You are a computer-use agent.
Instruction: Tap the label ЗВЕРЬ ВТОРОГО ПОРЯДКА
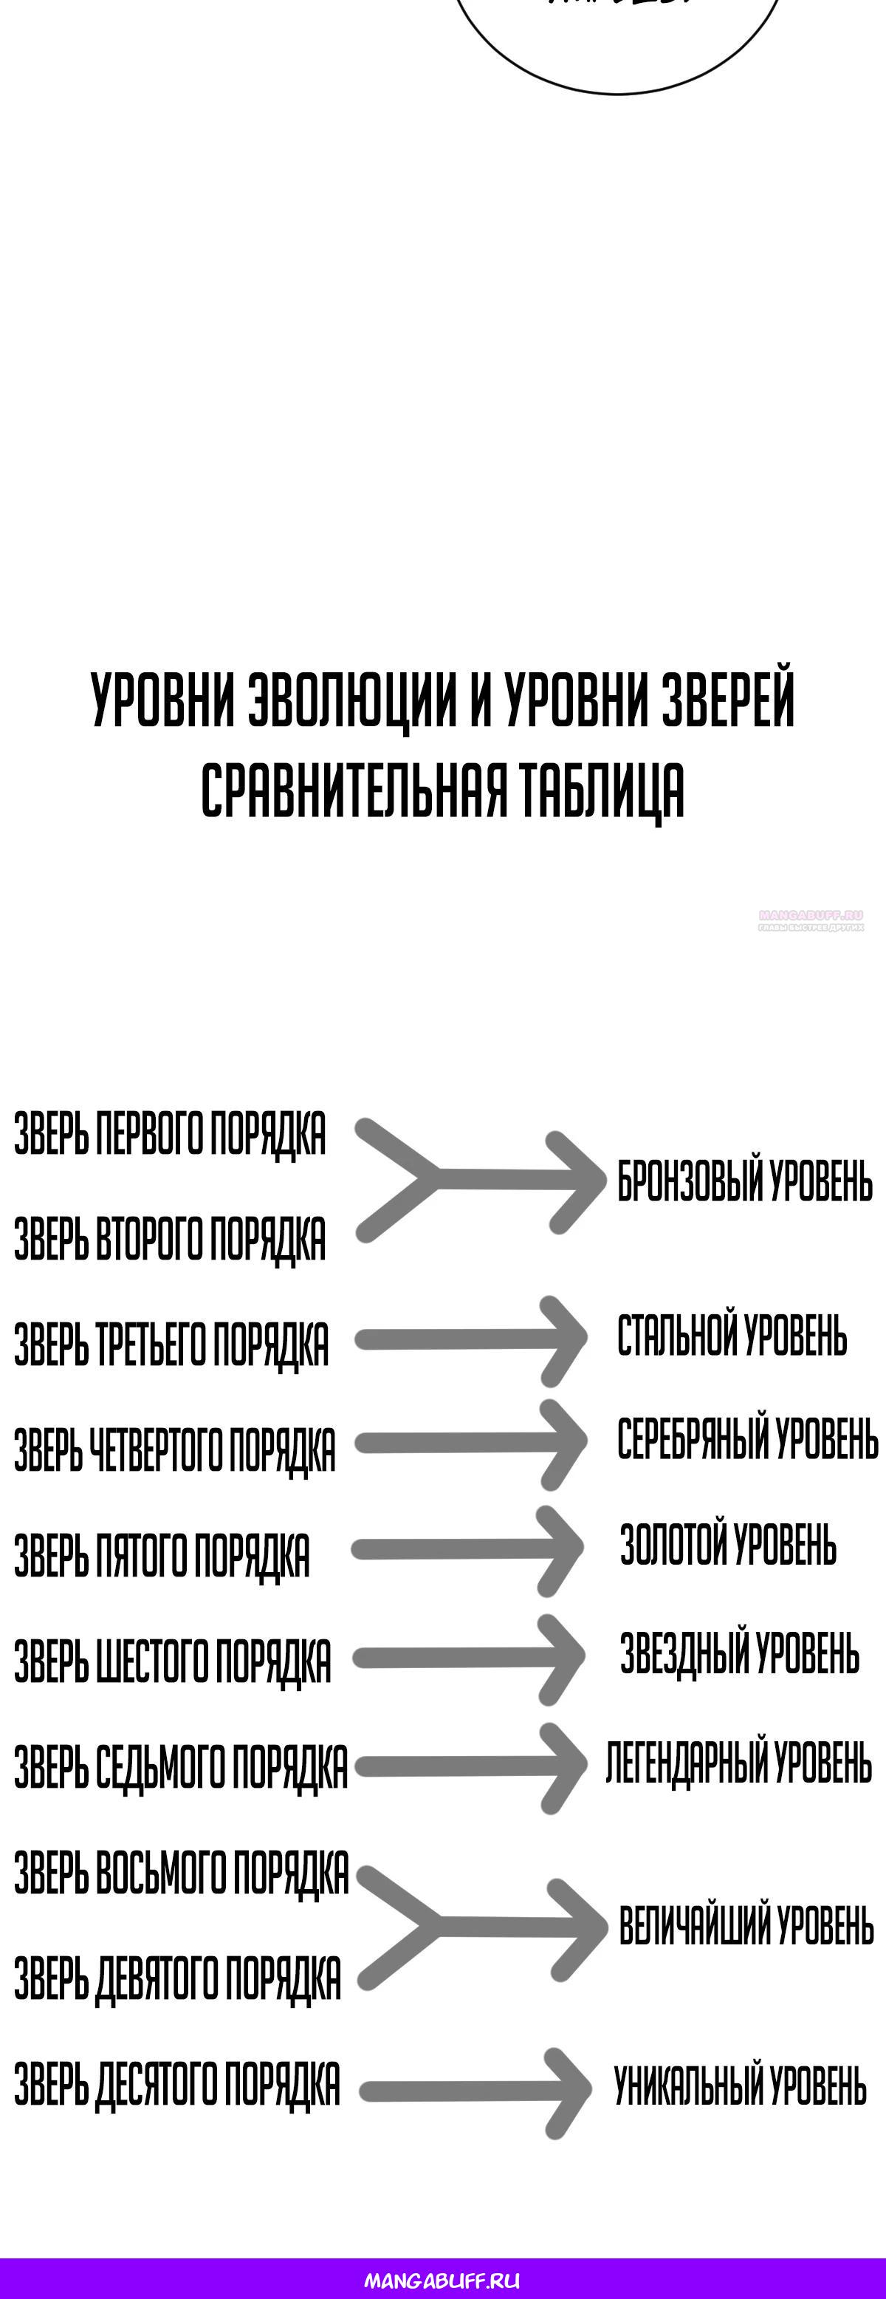coord(170,1240)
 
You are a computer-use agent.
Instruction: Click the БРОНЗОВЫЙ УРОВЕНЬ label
coord(744,1181)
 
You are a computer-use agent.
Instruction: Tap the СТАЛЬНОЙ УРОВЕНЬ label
coord(732,1336)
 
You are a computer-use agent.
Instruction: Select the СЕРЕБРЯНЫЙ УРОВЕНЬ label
coord(746,1440)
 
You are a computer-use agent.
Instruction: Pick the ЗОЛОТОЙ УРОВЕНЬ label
coord(728,1545)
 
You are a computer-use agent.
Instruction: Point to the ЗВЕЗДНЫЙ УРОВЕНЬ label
coord(739,1653)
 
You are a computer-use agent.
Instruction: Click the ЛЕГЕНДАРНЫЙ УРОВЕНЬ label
coord(738,1763)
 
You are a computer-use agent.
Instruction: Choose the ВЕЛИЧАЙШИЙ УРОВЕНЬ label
coord(746,1926)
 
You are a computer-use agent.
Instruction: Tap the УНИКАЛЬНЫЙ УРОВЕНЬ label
coord(740,2086)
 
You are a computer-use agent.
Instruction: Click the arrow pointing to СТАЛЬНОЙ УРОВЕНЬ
coord(471,1339)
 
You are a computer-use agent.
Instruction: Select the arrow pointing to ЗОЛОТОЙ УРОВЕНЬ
coord(468,1550)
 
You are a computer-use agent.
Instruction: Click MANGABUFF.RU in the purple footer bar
coord(442,2281)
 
